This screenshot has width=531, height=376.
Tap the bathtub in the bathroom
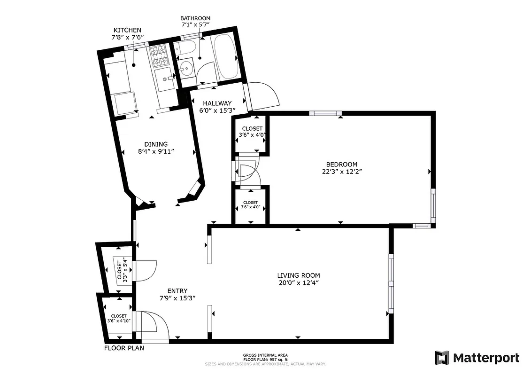tap(227, 56)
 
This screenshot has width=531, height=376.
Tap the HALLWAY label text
tap(217, 103)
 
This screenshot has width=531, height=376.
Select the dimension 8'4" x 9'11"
tap(155, 151)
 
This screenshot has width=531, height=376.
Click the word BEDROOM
tap(341, 164)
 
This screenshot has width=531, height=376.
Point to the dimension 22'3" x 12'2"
tap(341, 171)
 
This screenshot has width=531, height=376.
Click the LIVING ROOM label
tap(299, 275)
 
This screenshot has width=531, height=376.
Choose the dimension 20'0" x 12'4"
tap(299, 282)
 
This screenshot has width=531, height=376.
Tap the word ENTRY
tap(177, 290)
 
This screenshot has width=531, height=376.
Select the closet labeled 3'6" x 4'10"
tap(119, 318)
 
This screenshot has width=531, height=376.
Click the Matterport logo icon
tap(442, 358)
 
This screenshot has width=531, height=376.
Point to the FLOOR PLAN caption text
tap(124, 348)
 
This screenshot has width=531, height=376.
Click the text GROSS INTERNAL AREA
tap(265, 355)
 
